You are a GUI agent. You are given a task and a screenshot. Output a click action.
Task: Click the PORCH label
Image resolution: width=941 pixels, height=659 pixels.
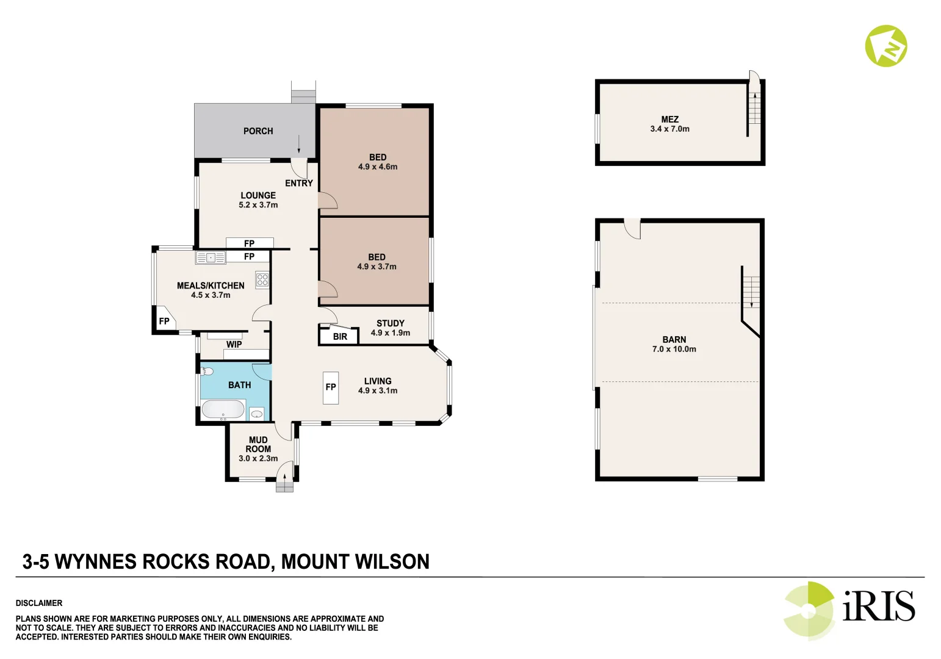pyautogui.click(x=258, y=131)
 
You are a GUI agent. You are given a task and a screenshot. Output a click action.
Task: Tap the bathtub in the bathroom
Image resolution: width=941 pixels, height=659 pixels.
pyautogui.click(x=223, y=409)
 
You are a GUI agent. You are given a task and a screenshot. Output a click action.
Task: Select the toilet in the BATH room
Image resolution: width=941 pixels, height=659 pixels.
pyautogui.click(x=207, y=371)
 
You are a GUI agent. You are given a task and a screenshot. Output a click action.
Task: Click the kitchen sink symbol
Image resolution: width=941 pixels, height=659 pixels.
pyautogui.click(x=211, y=258)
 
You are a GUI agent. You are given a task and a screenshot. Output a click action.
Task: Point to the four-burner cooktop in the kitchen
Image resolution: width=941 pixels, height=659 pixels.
pyautogui.click(x=262, y=279)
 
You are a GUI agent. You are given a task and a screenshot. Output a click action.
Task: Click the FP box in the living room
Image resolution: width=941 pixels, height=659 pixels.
pyautogui.click(x=331, y=387)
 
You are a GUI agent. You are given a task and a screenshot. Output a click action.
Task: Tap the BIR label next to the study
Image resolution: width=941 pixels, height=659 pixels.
pyautogui.click(x=340, y=337)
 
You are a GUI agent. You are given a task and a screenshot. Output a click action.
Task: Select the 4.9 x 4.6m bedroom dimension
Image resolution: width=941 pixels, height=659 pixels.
pyautogui.click(x=378, y=167)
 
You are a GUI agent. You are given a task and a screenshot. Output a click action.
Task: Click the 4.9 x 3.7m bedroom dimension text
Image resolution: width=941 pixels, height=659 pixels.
pyautogui.click(x=377, y=267)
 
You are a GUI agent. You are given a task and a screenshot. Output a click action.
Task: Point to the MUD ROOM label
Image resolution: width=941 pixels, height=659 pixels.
pyautogui.click(x=258, y=444)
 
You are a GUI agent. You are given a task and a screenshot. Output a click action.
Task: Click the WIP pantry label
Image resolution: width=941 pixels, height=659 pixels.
pyautogui.click(x=234, y=345)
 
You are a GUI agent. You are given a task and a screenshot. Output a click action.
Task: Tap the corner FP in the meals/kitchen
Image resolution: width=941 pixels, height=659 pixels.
pyautogui.click(x=164, y=321)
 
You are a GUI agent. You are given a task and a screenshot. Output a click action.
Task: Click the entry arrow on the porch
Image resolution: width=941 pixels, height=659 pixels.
pyautogui.click(x=299, y=145)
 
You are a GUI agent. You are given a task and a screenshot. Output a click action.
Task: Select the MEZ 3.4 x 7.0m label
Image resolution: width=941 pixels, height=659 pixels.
pyautogui.click(x=669, y=124)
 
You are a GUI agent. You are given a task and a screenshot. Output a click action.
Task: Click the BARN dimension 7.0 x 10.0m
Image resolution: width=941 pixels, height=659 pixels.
pyautogui.click(x=674, y=350)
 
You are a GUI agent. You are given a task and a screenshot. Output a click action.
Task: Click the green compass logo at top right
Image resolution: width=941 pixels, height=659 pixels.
pyautogui.click(x=885, y=46)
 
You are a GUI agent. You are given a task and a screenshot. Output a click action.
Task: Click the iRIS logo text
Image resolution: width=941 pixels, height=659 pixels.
pyautogui.click(x=878, y=606)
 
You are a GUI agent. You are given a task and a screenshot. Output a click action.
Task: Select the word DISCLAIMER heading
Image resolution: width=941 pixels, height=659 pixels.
pyautogui.click(x=39, y=603)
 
